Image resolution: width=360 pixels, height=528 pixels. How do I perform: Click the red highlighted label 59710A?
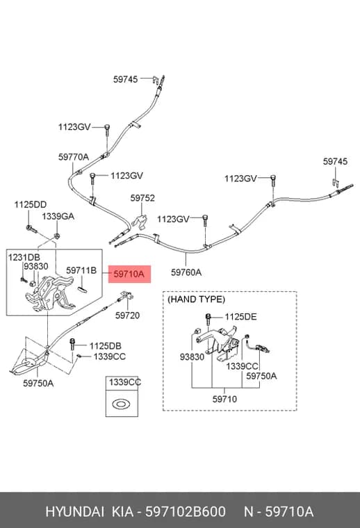pyautogui.click(x=129, y=274)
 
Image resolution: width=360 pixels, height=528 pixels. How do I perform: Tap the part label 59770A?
pyautogui.click(x=74, y=157)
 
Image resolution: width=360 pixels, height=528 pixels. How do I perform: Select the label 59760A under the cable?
pyautogui.click(x=186, y=272)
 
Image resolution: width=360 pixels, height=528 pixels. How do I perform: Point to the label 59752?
pyautogui.click(x=142, y=198)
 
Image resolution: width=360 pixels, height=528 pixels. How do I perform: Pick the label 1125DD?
pyautogui.click(x=31, y=205)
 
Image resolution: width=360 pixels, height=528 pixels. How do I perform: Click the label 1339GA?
pyautogui.click(x=58, y=216)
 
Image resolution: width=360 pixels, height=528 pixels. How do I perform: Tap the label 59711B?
pyautogui.click(x=81, y=270)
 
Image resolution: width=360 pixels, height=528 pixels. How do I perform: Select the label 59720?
pyautogui.click(x=127, y=315)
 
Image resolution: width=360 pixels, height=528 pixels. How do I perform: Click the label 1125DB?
pyautogui.click(x=106, y=346)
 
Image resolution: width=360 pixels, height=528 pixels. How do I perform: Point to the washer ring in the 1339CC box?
pyautogui.click(x=122, y=404)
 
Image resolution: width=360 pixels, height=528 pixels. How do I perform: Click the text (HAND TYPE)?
pyautogui.click(x=196, y=299)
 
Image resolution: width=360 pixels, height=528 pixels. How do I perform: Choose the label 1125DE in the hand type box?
pyautogui.click(x=240, y=317)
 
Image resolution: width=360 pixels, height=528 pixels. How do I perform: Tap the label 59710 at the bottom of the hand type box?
pyautogui.click(x=224, y=399)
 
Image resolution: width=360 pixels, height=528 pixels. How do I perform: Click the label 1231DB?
pyautogui.click(x=24, y=258)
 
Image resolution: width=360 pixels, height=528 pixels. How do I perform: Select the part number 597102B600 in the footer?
pyautogui.click(x=186, y=512)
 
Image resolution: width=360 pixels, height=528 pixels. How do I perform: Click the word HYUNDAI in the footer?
pyautogui.click(x=75, y=512)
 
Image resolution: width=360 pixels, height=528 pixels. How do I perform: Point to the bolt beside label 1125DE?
pyautogui.click(x=208, y=319)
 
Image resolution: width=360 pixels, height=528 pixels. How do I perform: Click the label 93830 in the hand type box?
pyautogui.click(x=192, y=357)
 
